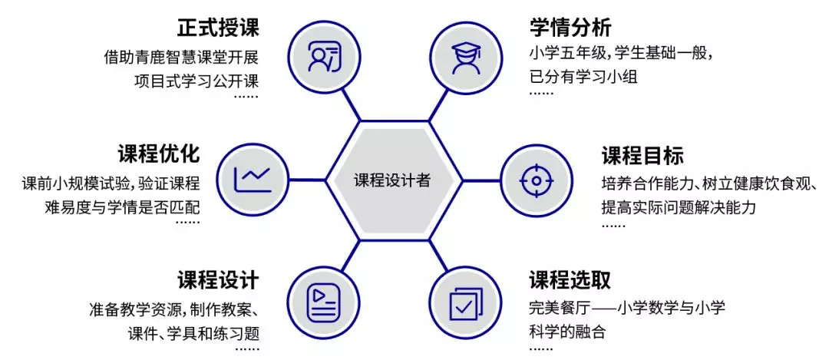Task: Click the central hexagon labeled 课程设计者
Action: [393, 180]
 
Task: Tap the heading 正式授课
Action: [218, 28]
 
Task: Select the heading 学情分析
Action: [570, 28]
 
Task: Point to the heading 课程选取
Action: [570, 279]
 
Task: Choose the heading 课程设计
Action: [218, 279]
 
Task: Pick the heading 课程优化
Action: [159, 154]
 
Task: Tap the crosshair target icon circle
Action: [537, 180]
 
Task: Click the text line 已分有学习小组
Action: [583, 78]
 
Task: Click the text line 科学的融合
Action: [566, 332]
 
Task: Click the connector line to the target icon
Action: [481, 180]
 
